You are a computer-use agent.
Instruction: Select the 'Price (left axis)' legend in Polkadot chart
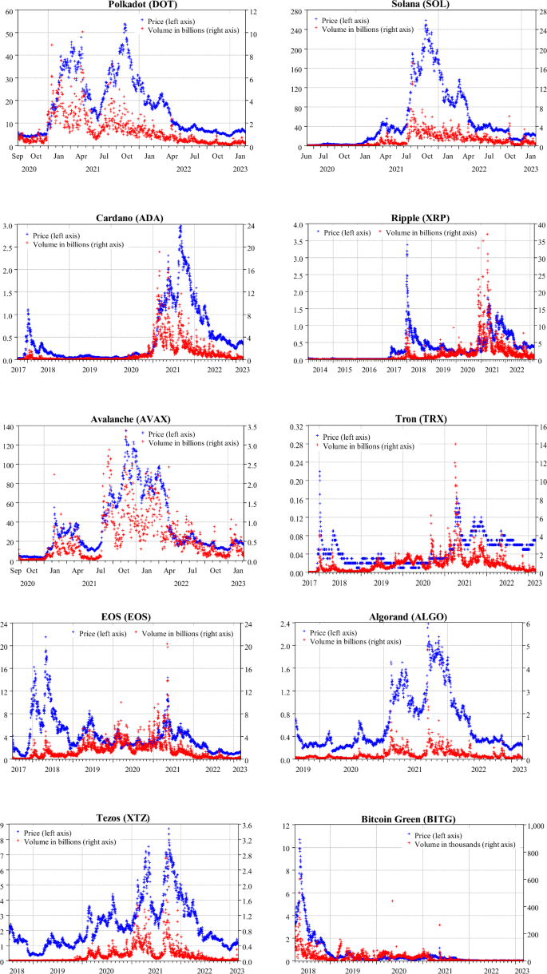172,20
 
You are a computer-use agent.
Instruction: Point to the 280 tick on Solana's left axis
293,13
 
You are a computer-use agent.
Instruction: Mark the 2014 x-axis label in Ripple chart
320,370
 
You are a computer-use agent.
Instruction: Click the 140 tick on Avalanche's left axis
9,427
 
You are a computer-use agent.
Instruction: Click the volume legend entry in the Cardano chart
79,244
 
